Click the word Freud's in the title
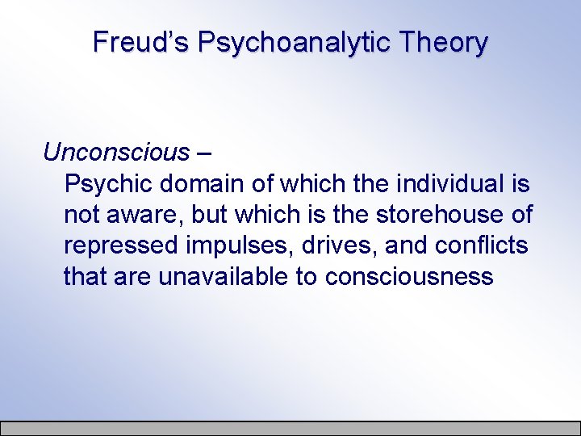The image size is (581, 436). point(140,41)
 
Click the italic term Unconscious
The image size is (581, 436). point(116,152)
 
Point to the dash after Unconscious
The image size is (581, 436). point(204,153)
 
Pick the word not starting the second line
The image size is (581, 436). point(81,215)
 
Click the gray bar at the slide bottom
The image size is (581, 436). point(290,428)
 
